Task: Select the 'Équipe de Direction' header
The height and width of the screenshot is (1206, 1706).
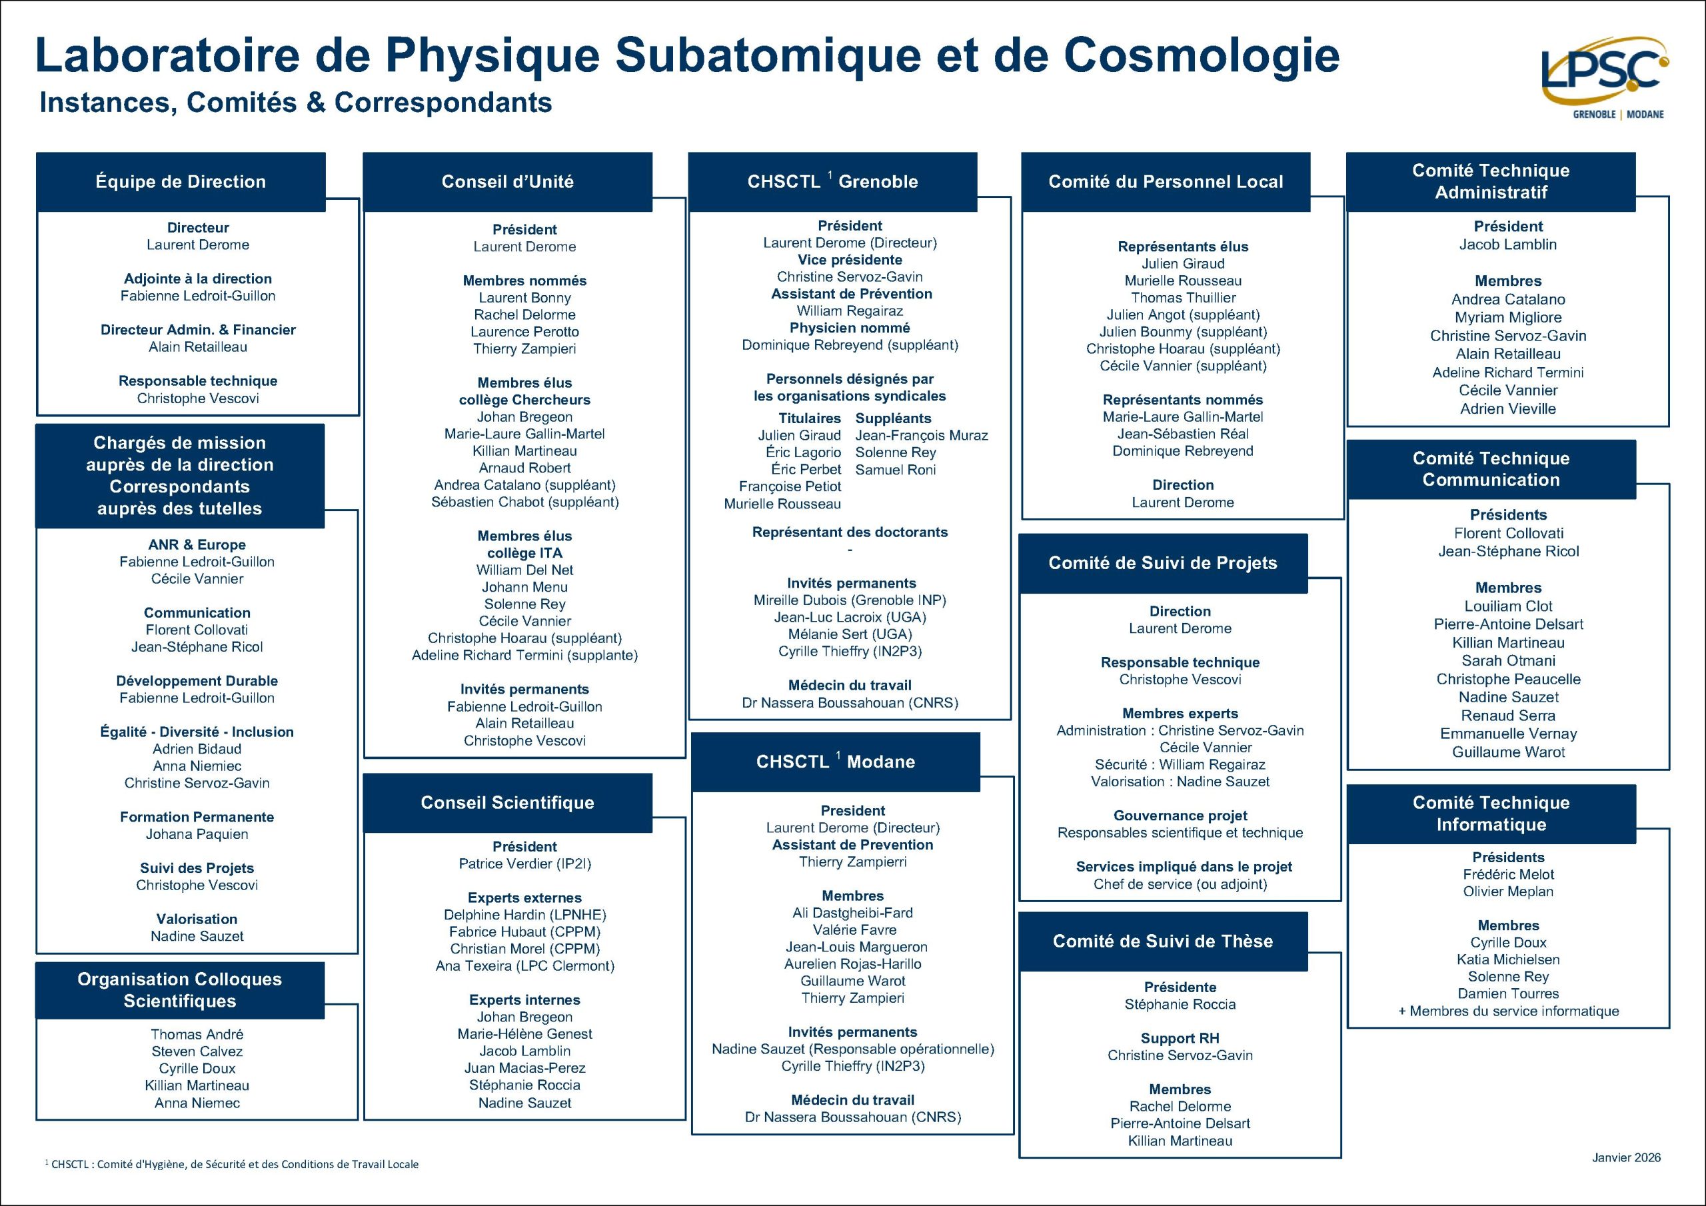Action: click(181, 182)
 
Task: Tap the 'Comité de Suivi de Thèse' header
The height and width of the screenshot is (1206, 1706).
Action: click(1162, 941)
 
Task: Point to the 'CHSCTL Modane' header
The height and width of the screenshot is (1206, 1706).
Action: click(835, 762)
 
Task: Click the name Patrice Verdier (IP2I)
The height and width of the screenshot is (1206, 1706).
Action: click(524, 864)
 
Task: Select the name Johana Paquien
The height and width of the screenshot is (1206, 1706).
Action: click(197, 834)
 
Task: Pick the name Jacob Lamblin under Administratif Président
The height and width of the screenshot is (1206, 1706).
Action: click(1507, 245)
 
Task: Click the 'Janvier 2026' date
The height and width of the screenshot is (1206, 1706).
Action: click(1626, 1157)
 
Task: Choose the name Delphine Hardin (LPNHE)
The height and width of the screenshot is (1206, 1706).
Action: click(524, 915)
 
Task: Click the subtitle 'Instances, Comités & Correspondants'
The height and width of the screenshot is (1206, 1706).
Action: click(296, 103)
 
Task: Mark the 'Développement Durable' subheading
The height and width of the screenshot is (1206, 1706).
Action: click(197, 681)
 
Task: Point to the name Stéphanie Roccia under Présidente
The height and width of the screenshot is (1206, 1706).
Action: click(1180, 1005)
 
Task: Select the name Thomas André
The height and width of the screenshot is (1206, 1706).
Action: click(197, 1034)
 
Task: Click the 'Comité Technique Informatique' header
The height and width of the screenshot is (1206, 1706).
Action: click(1491, 814)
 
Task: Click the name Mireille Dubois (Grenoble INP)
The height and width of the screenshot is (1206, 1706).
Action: click(849, 600)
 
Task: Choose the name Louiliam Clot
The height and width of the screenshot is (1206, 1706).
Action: click(1507, 606)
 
